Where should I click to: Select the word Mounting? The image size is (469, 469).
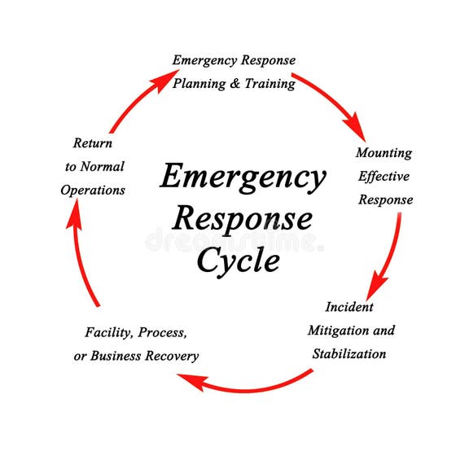[384, 152]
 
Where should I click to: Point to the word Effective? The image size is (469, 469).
[384, 176]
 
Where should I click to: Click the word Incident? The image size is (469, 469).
[349, 307]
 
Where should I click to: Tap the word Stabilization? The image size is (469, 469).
[349, 354]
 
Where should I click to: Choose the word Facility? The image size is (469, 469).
[109, 332]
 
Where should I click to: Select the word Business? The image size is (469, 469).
[116, 356]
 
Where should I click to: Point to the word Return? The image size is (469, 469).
[93, 142]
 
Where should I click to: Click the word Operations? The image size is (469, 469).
[92, 190]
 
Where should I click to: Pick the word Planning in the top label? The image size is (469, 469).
[200, 83]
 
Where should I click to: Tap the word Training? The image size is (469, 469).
[270, 83]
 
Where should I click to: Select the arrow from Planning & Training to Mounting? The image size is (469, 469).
[329, 102]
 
